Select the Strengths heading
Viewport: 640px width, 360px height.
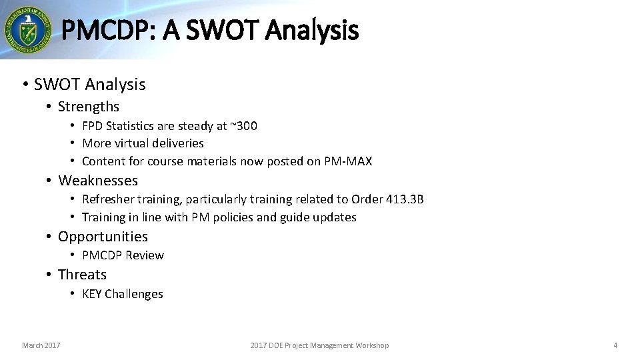point(88,107)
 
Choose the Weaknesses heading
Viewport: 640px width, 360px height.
point(97,181)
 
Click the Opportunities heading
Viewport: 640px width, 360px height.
point(103,237)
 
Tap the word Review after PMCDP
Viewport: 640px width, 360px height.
point(145,255)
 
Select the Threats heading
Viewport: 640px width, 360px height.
point(82,275)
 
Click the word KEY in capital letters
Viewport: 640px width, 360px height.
point(92,294)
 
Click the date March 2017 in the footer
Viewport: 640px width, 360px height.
point(41,345)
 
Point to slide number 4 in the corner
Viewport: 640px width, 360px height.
point(615,345)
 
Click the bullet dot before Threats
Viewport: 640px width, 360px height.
point(49,275)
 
